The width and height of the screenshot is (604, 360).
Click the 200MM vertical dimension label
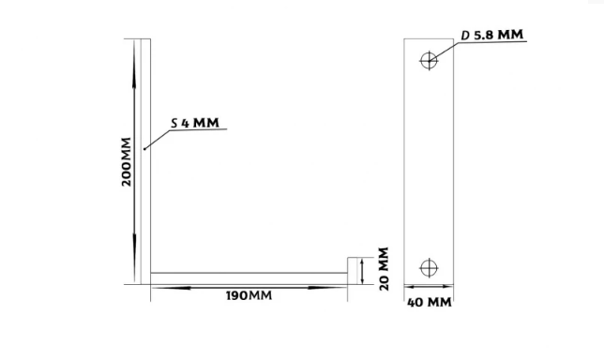(126, 162)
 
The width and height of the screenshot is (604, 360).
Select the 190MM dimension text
(249, 295)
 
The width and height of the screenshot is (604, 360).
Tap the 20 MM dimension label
(384, 269)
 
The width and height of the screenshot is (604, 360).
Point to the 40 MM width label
(430, 303)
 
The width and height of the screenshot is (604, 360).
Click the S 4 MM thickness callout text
(195, 123)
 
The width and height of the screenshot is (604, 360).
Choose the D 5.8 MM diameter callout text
(492, 35)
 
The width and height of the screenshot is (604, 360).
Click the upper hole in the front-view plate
(429, 60)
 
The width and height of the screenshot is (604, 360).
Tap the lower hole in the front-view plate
(429, 268)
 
